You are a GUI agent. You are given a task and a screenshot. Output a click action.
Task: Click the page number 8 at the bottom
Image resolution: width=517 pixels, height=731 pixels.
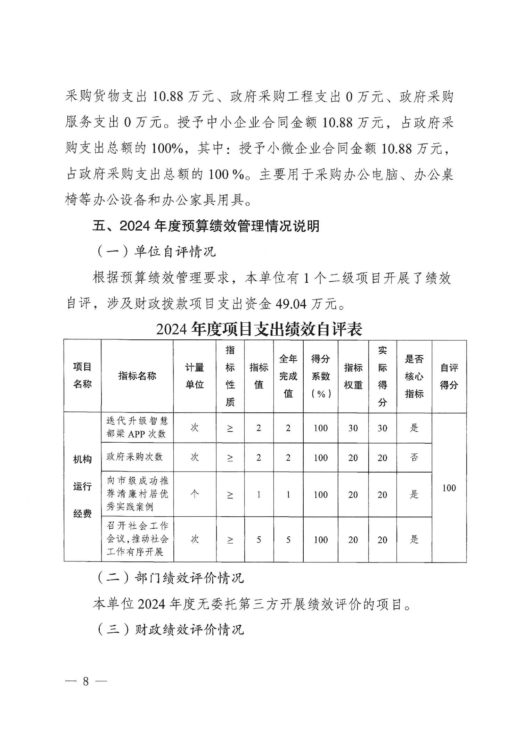click(x=85, y=681)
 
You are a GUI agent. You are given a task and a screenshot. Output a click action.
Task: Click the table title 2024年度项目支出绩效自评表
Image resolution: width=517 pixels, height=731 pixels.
click(x=259, y=329)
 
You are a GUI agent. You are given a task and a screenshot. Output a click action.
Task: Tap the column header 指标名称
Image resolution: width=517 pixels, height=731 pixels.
click(x=137, y=376)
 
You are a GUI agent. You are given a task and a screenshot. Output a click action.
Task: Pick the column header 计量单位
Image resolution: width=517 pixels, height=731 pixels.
click(x=195, y=376)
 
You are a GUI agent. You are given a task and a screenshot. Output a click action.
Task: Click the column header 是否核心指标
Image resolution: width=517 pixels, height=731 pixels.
click(x=414, y=376)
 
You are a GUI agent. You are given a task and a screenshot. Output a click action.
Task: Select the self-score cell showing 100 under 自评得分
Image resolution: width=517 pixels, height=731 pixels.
click(x=449, y=488)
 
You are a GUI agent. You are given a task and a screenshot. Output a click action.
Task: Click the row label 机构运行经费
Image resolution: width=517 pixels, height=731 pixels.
click(x=82, y=486)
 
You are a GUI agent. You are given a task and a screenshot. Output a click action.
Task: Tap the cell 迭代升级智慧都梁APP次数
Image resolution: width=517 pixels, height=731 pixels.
click(x=137, y=427)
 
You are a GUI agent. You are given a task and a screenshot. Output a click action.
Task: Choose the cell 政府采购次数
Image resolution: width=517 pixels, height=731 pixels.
click(x=134, y=457)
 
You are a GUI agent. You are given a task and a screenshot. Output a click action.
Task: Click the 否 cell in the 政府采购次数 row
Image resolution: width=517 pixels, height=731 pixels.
click(x=414, y=458)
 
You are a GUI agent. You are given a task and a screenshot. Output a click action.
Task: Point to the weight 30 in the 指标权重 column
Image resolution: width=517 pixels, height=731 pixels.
click(x=353, y=428)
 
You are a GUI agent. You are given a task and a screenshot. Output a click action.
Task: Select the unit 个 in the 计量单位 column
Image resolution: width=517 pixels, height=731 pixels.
click(x=195, y=494)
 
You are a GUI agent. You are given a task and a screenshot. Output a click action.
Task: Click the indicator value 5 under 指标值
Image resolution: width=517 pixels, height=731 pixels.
click(x=258, y=540)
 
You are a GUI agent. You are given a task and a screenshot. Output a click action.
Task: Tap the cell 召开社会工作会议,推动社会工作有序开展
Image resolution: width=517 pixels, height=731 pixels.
click(x=137, y=539)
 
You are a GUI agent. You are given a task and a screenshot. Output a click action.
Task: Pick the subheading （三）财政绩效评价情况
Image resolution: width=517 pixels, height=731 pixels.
click(x=170, y=629)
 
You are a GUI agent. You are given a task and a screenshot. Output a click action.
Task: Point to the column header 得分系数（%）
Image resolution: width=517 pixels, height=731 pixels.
click(x=320, y=376)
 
